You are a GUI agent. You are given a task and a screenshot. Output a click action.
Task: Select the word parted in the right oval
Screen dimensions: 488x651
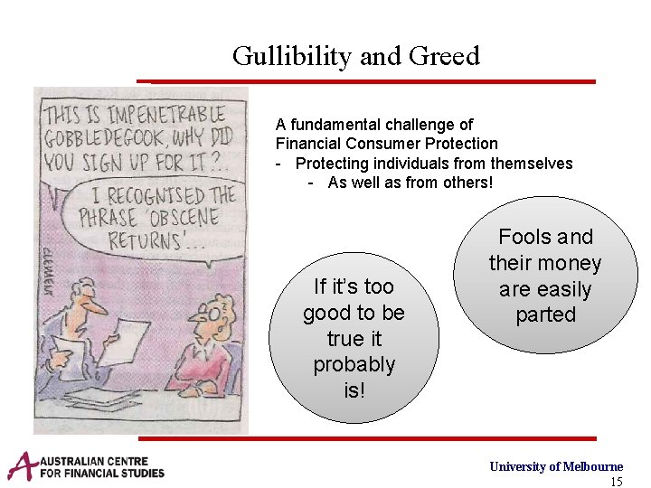pos(545,314)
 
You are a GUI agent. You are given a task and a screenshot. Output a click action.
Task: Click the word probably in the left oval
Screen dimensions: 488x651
pos(354,364)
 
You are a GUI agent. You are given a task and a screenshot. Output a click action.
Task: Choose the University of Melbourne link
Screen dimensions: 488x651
pos(556,466)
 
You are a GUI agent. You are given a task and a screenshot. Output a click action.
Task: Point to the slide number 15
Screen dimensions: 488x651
pos(617,482)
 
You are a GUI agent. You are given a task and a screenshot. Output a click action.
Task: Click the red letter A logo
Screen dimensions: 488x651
pos(24,465)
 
